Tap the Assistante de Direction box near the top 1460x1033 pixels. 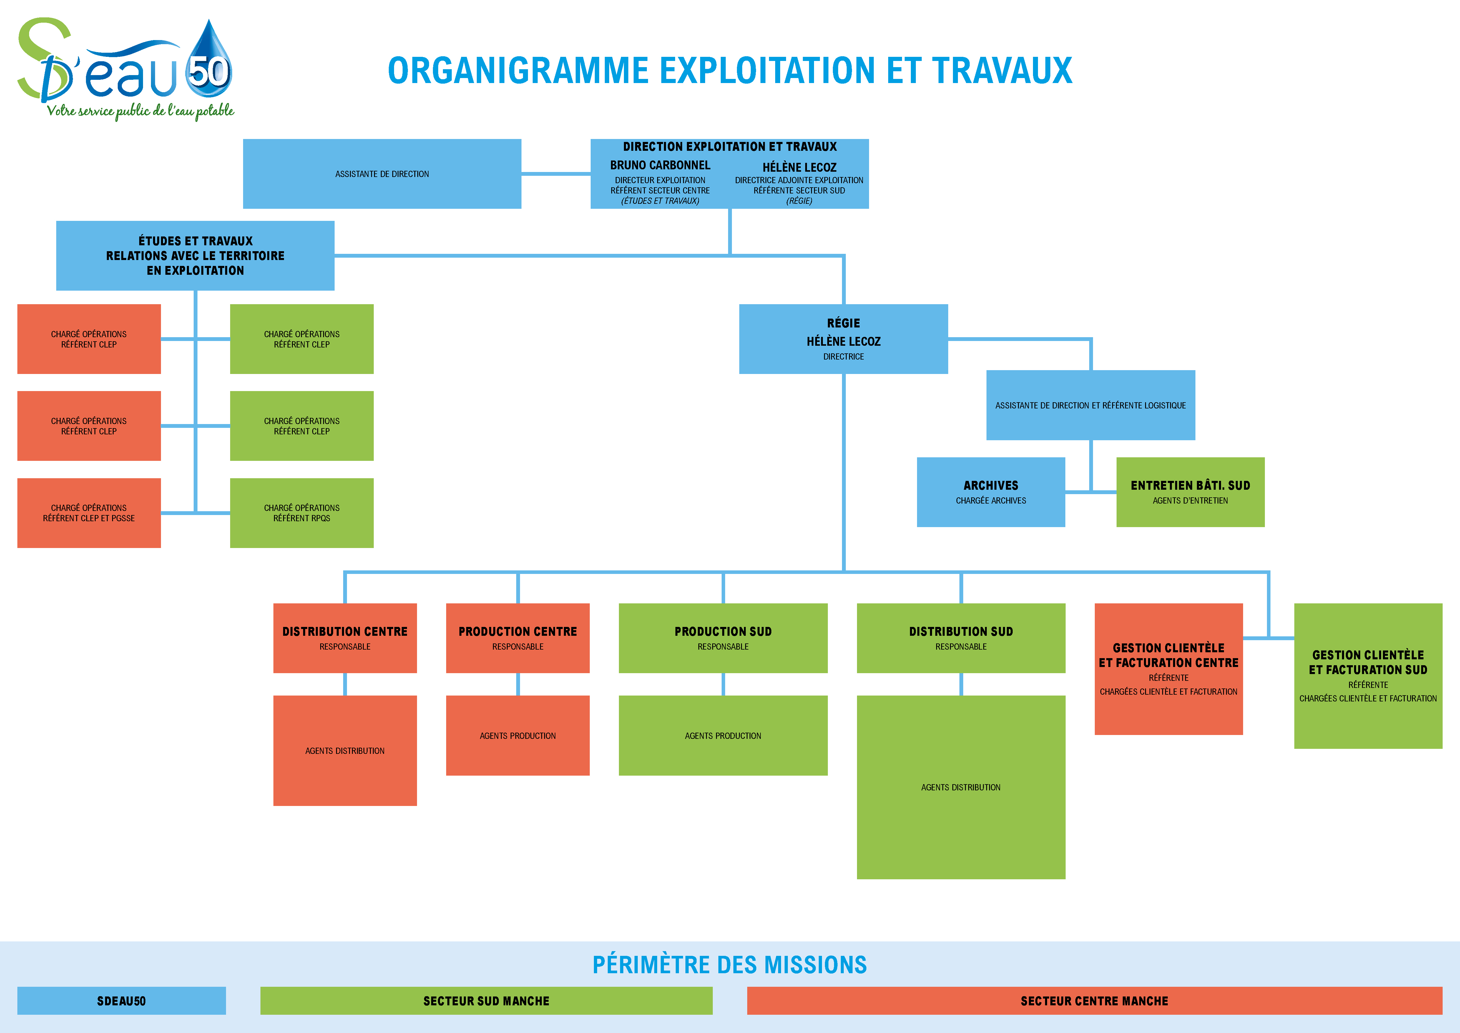click(x=382, y=174)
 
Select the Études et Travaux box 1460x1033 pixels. click(x=195, y=256)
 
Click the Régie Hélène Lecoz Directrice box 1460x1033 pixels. click(x=843, y=339)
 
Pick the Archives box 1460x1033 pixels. click(x=991, y=492)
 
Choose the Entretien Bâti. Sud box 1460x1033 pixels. click(x=1190, y=492)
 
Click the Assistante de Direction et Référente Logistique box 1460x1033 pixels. click(x=1091, y=405)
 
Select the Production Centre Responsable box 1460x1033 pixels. click(x=518, y=638)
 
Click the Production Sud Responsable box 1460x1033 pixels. click(x=723, y=638)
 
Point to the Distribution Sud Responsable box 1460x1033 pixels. click(x=961, y=638)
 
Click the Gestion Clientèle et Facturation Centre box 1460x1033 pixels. click(x=1169, y=669)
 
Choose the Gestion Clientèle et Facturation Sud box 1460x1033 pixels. click(x=1368, y=676)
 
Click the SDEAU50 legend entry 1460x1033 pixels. click(x=122, y=1001)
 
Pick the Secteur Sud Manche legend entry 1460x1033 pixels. click(x=486, y=1001)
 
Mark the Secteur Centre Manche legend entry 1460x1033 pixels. click(x=1094, y=1001)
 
